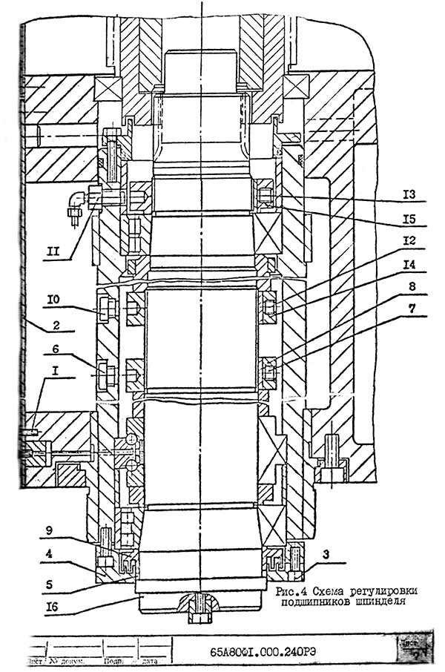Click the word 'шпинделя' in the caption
(380, 603)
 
